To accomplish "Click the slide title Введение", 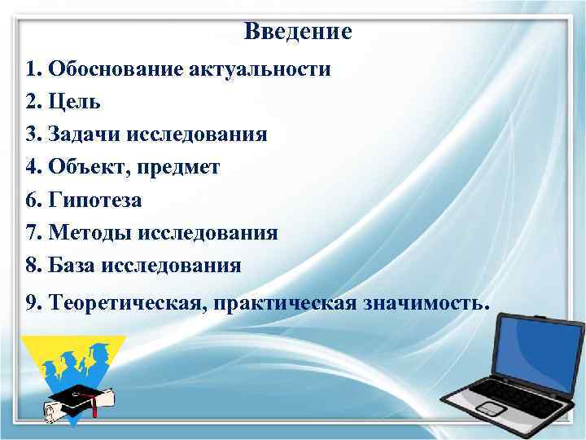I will point(297,33).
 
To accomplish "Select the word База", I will point(74,266).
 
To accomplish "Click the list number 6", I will point(32,200).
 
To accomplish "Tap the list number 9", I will point(32,304).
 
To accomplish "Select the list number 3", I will point(32,134).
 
